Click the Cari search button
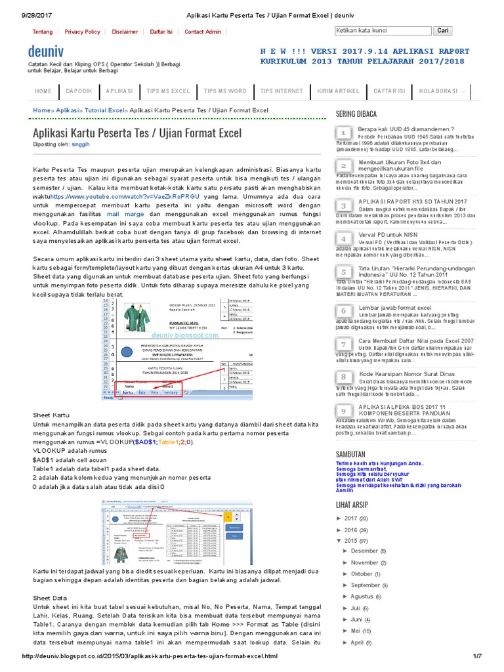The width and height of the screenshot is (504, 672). click(x=443, y=30)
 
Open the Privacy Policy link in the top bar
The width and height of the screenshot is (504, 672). click(x=82, y=31)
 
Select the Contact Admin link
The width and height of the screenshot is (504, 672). click(x=203, y=31)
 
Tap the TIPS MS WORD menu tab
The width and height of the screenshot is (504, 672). click(x=224, y=91)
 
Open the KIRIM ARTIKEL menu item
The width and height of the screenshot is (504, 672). click(x=338, y=91)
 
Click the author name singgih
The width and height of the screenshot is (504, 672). click(x=80, y=144)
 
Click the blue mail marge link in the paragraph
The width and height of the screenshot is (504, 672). click(x=125, y=214)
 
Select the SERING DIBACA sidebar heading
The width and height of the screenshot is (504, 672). click(x=356, y=114)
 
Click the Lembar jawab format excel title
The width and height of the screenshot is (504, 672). click(x=394, y=307)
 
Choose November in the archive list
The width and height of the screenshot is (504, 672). click(x=364, y=562)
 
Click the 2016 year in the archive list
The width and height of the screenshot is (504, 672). click(x=351, y=530)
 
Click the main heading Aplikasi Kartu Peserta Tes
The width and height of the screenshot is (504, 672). click(x=137, y=133)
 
